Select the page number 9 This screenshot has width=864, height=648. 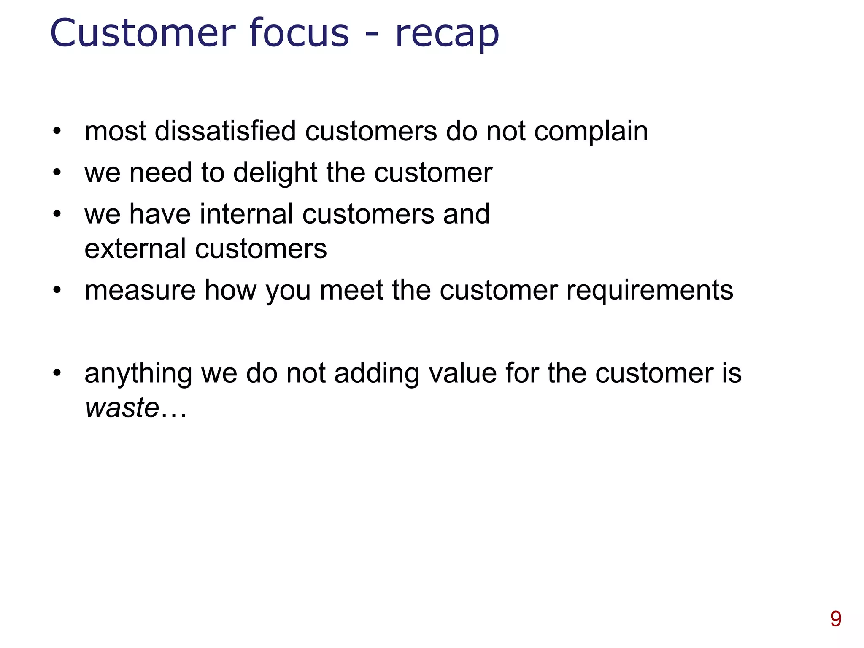tap(835, 619)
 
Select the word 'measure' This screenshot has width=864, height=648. tap(140, 290)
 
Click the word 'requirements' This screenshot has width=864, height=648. tap(649, 291)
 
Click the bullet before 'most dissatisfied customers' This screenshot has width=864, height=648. tap(57, 131)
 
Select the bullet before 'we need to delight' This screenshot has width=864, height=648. tap(57, 172)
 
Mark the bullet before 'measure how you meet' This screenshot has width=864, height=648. tap(57, 290)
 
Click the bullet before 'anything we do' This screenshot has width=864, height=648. tap(57, 373)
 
